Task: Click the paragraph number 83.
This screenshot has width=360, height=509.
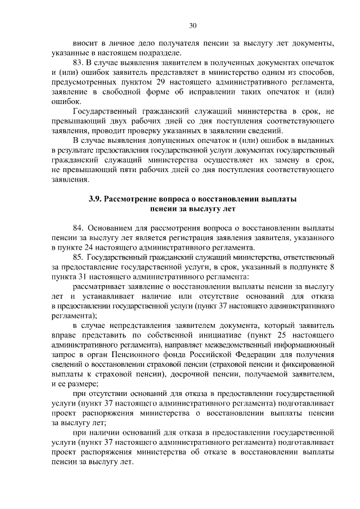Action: pyautogui.click(x=79, y=61)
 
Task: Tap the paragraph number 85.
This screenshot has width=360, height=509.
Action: pyautogui.click(x=79, y=258)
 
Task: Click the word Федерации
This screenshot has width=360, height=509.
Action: pyautogui.click(x=255, y=356)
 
